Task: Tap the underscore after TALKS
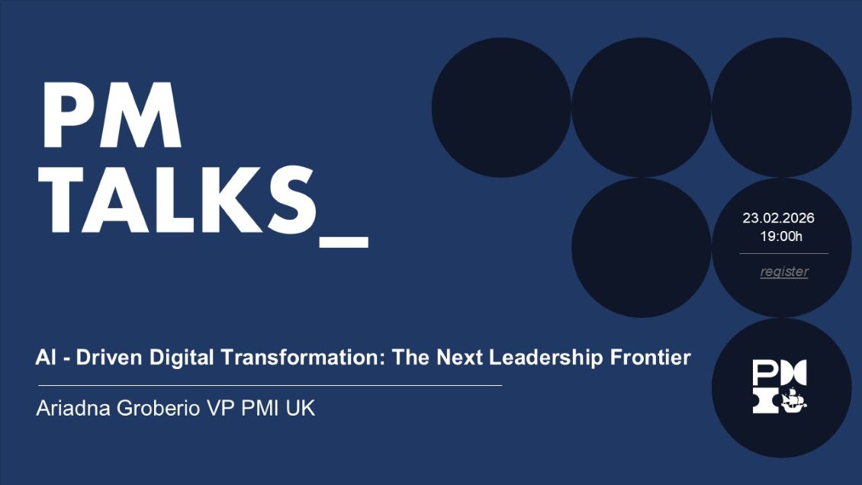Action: coord(343,242)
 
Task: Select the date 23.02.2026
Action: coord(778,218)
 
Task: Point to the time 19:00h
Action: coord(781,236)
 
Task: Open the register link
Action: coord(784,271)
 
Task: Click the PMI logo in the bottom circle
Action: coord(780,387)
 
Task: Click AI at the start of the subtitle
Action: coord(44,357)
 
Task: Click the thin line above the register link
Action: coord(783,253)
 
